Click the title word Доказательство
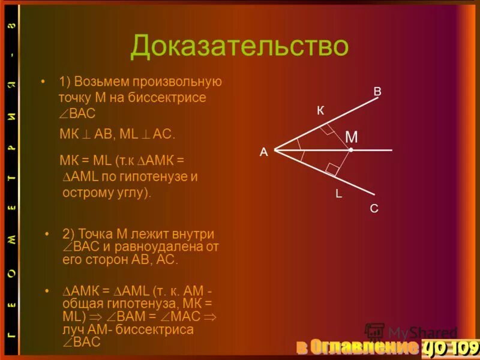239,46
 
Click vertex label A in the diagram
263,152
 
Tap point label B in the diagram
377,92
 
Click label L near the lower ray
338,194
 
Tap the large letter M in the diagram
352,137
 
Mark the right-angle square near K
326,129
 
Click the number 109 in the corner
463,347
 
